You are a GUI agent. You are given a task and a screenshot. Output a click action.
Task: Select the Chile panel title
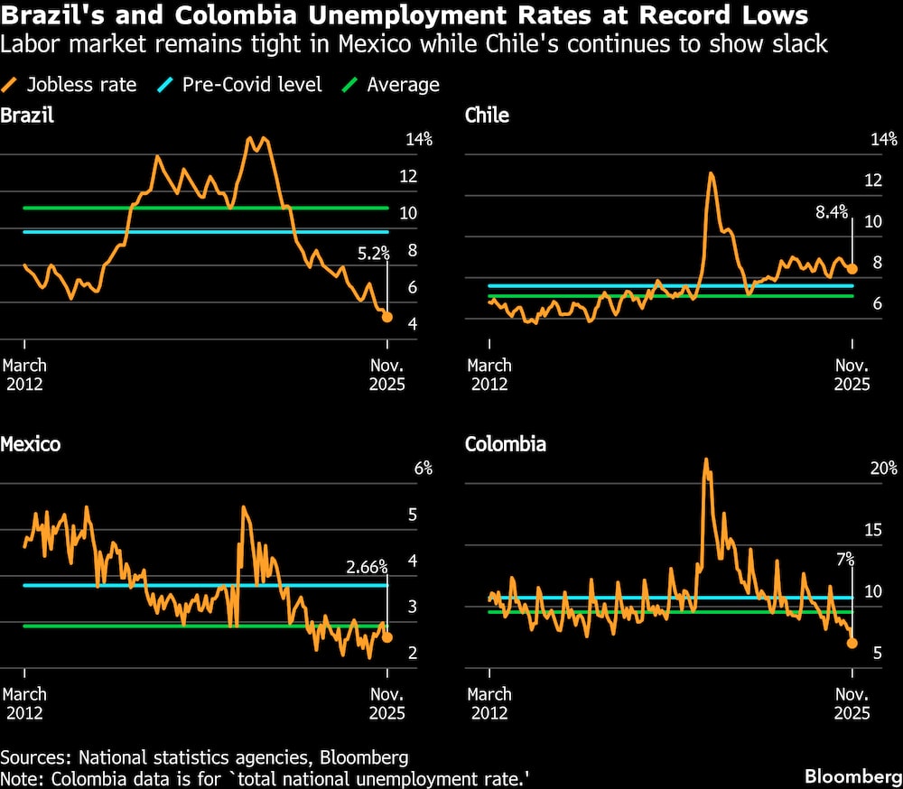(487, 115)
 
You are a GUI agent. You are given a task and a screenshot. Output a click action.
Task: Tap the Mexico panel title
(31, 444)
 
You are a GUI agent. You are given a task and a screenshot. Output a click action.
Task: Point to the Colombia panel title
(505, 444)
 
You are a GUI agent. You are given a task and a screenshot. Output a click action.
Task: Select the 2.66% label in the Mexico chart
(367, 567)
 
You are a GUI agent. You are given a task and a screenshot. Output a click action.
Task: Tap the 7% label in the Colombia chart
(844, 560)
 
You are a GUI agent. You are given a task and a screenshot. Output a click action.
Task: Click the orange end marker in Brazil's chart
(387, 317)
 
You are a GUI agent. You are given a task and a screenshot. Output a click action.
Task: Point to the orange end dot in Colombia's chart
(852, 643)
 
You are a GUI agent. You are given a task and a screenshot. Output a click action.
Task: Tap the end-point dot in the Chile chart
(852, 269)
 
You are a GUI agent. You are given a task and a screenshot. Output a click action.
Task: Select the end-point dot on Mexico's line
(387, 637)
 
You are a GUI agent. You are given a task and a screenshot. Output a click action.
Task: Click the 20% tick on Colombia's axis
(883, 469)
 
